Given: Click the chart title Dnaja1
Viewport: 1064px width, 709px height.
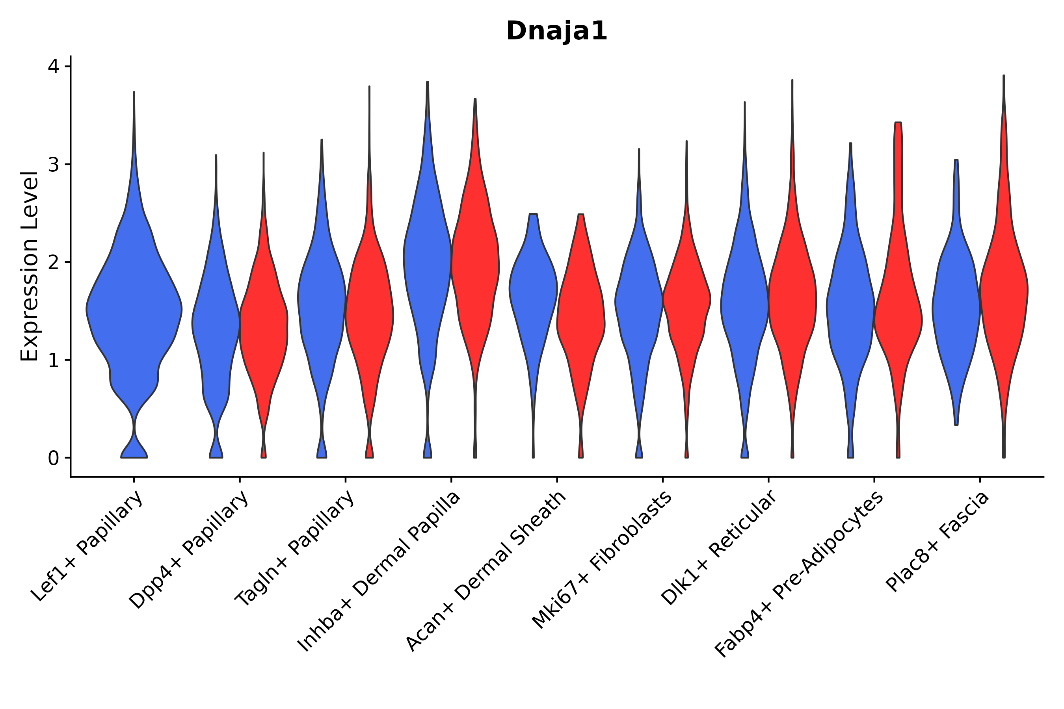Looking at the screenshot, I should point(556,32).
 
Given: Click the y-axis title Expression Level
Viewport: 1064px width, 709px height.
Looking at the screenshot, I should point(30,266).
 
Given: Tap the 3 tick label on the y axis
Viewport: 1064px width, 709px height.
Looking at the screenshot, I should point(53,165).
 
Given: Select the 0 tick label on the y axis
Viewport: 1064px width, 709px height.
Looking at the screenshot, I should point(53,458).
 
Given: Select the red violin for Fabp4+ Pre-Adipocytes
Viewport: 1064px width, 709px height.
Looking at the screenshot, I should point(898,317).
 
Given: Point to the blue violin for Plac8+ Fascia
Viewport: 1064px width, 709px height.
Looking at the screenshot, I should point(956,308).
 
